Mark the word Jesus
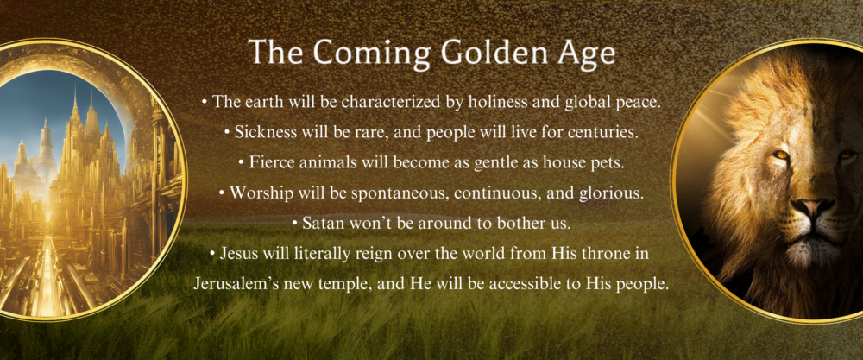231,253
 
